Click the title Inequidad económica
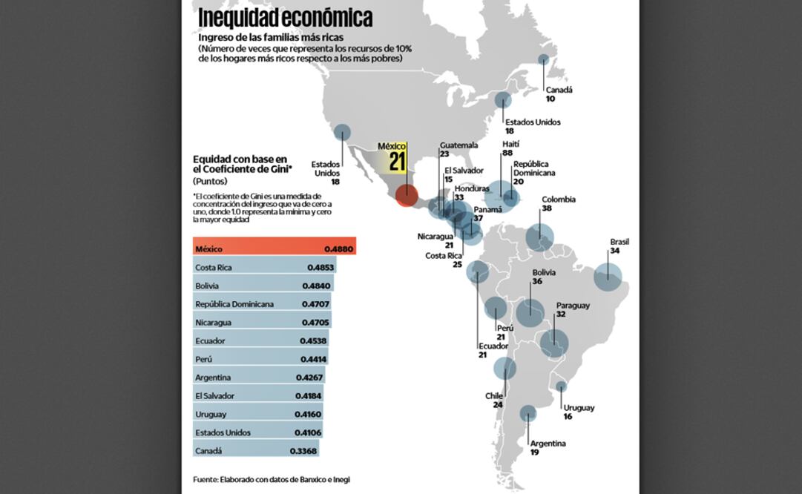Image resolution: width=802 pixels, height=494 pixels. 286,16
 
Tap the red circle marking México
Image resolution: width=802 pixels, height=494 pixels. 406,195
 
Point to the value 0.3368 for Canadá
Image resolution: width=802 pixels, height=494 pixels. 303,451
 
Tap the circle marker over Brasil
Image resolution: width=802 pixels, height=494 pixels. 607,277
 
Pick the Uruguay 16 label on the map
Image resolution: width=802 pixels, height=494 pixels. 578,412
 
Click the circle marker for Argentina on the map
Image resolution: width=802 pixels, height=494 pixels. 527,413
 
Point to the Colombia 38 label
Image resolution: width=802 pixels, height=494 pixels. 558,204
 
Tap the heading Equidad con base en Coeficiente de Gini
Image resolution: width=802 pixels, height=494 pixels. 242,165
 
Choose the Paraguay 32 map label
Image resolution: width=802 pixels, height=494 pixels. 573,310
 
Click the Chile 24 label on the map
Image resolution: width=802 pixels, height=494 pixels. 495,401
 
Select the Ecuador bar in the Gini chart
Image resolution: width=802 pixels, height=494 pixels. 260,341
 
